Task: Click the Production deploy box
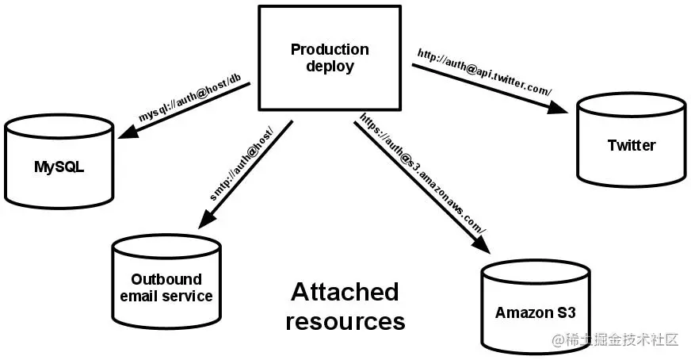tap(330, 58)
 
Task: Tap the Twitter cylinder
tap(631, 141)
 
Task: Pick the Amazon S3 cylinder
tap(535, 305)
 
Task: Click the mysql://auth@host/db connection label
tap(189, 101)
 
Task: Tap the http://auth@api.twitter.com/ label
tap(483, 74)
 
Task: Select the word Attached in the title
tap(345, 292)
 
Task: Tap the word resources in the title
tap(345, 322)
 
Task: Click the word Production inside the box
tap(330, 50)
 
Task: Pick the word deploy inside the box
tap(330, 67)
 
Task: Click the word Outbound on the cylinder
tap(166, 279)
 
